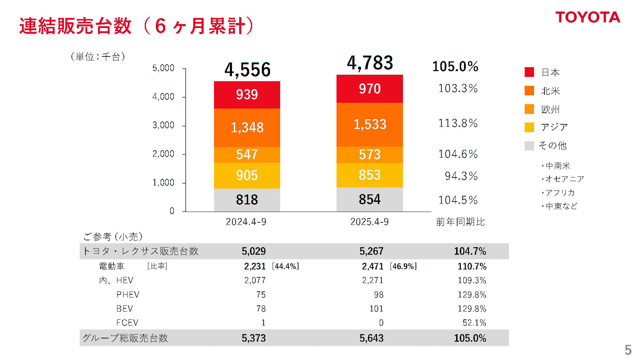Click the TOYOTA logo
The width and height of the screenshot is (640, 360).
(x=588, y=18)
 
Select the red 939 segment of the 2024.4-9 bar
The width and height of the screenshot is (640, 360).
(x=247, y=95)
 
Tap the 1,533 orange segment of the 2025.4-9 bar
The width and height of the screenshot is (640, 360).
(x=370, y=124)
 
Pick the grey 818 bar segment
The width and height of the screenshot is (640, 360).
(x=247, y=200)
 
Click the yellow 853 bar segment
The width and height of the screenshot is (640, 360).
(x=370, y=175)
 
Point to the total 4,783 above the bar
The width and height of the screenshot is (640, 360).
(x=370, y=63)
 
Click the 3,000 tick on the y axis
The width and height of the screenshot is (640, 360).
(x=163, y=125)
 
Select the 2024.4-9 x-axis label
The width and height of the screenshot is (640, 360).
(x=246, y=222)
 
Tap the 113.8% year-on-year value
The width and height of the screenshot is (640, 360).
(x=458, y=123)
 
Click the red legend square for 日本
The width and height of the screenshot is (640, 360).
(x=529, y=72)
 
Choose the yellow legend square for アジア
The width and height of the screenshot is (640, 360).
(x=529, y=127)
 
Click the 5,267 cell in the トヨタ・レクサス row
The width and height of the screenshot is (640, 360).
(x=371, y=251)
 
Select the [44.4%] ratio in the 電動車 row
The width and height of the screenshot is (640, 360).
(x=286, y=266)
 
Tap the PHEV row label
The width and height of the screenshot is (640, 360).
(x=127, y=295)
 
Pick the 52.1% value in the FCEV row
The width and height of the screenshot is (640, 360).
(x=474, y=323)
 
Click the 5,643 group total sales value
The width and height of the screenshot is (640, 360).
(x=371, y=338)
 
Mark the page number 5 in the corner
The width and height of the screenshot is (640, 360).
(x=628, y=350)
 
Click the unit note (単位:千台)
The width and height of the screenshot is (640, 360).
(x=98, y=57)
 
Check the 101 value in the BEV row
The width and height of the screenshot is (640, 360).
(x=376, y=309)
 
